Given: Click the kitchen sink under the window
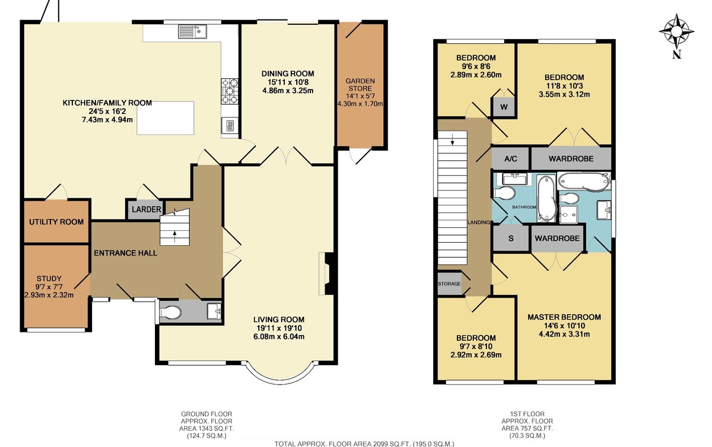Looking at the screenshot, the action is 193,31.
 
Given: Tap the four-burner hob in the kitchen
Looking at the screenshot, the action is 230,91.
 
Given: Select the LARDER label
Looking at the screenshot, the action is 146,209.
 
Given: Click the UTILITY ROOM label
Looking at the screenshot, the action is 56,222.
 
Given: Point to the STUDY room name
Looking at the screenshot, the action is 49,278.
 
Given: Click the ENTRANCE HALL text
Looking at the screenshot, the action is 126,253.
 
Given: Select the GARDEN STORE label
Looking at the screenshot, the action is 360,84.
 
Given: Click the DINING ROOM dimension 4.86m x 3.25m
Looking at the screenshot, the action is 288,91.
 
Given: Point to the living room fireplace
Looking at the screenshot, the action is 328,274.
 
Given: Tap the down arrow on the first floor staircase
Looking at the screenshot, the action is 452,140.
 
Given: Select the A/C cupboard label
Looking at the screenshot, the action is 511,158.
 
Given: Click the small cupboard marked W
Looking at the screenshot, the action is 504,107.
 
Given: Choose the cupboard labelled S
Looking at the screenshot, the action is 511,238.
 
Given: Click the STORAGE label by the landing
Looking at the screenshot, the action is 449,284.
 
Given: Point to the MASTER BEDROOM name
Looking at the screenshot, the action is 564,317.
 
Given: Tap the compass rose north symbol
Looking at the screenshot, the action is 677,55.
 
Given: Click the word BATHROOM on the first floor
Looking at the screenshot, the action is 524,207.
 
